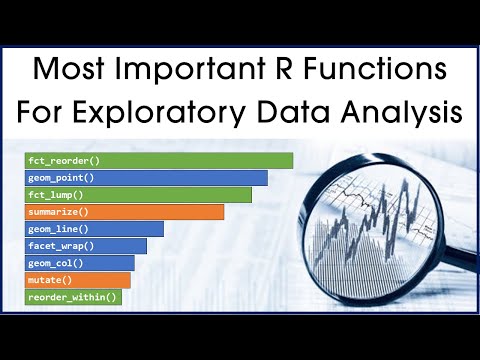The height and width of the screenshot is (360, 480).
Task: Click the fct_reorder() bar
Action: point(159,160)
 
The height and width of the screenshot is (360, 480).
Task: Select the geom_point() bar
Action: point(146,177)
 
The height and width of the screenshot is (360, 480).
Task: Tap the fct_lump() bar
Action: point(138,194)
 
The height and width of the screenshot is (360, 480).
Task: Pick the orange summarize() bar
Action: point(124,211)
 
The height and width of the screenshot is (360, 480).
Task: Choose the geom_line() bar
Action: point(94,228)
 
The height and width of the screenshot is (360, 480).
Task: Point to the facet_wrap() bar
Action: point(86,245)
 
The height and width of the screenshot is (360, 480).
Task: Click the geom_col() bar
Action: point(80,262)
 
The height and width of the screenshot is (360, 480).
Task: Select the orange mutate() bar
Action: point(78,279)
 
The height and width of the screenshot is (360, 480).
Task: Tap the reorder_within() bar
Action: point(74,296)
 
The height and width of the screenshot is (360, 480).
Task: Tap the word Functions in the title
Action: point(384,71)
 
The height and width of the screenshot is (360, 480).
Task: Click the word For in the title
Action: point(45,113)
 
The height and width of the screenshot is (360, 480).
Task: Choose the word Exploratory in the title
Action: point(171,113)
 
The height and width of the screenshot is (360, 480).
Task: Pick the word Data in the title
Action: point(300,113)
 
